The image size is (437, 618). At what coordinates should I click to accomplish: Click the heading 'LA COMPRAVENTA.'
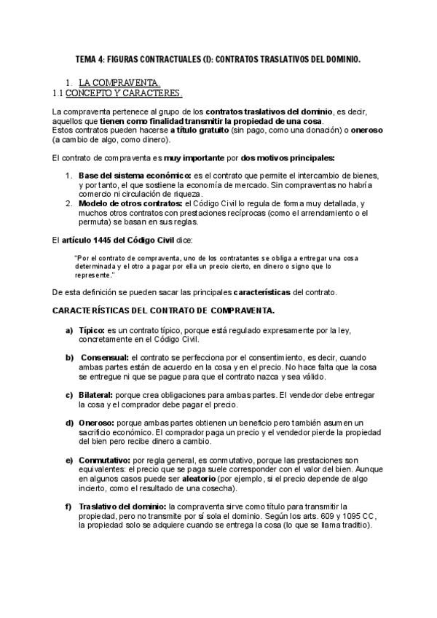119,83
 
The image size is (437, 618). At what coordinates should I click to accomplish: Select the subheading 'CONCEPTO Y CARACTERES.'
123,94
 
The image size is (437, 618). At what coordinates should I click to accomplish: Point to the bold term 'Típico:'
92,330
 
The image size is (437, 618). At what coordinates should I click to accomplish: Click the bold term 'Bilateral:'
98,394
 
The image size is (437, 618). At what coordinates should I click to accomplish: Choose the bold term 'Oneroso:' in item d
95,422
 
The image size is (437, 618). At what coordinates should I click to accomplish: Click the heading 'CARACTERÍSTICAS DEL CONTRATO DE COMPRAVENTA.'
163,311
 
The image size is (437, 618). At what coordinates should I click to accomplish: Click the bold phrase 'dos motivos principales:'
288,157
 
